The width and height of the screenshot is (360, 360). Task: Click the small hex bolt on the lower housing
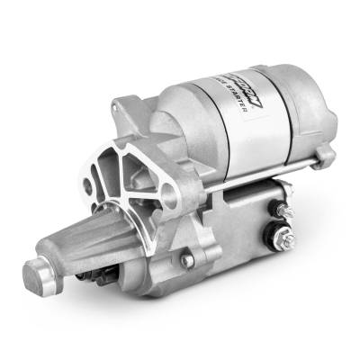coord(187,261)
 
